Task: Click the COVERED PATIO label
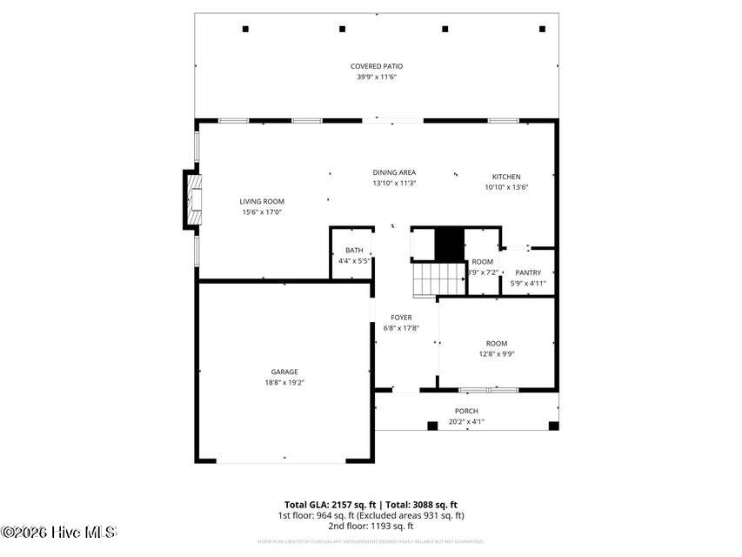click(376, 66)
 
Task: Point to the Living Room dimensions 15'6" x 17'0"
click(262, 211)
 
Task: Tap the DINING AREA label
click(394, 172)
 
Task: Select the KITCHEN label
click(506, 177)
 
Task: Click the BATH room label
click(354, 250)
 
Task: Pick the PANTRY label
click(527, 272)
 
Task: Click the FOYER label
click(401, 318)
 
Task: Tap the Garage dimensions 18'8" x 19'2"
click(284, 382)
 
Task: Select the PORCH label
click(466, 411)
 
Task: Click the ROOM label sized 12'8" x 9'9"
click(496, 344)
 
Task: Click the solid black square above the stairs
click(449, 243)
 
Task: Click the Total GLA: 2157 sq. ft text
click(329, 504)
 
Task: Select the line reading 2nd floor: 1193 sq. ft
click(371, 526)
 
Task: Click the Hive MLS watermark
click(58, 532)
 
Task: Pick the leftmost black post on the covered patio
click(245, 29)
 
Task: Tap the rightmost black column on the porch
click(553, 426)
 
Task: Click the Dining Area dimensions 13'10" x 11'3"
click(394, 183)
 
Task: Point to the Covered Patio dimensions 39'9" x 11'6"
click(376, 77)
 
